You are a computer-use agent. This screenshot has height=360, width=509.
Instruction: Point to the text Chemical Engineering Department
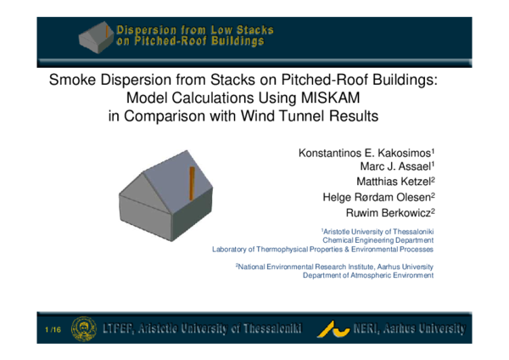[x=378, y=240]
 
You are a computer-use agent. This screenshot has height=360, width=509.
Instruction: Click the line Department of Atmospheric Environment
[x=368, y=275]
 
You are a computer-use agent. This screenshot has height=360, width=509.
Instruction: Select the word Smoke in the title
[x=70, y=81]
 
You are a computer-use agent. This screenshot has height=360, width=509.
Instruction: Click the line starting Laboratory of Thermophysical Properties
[x=322, y=250]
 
